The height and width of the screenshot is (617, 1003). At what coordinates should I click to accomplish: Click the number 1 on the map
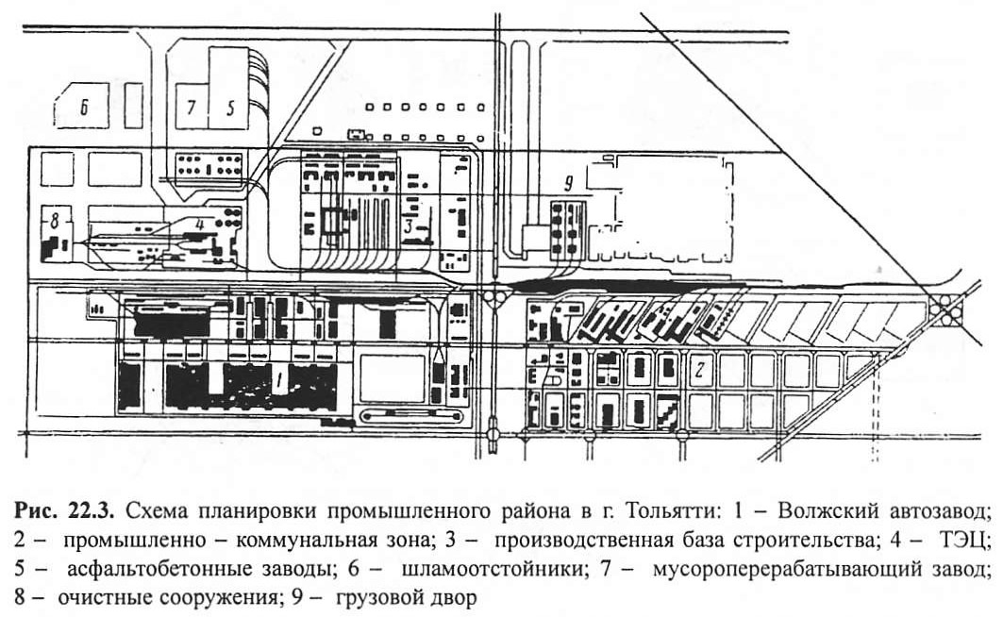click(x=279, y=381)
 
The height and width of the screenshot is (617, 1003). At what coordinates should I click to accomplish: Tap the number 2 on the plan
click(x=700, y=370)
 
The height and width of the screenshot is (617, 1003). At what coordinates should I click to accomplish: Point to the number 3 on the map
click(x=409, y=227)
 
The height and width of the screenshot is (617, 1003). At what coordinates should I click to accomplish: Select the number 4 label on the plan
click(x=200, y=225)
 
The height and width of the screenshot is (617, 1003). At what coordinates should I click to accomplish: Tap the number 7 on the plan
click(x=191, y=107)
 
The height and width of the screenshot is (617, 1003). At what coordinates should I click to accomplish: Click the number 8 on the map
click(x=54, y=223)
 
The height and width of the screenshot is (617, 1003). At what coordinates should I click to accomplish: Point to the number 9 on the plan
click(x=569, y=185)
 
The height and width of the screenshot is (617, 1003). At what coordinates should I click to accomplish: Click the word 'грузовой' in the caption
click(x=379, y=598)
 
